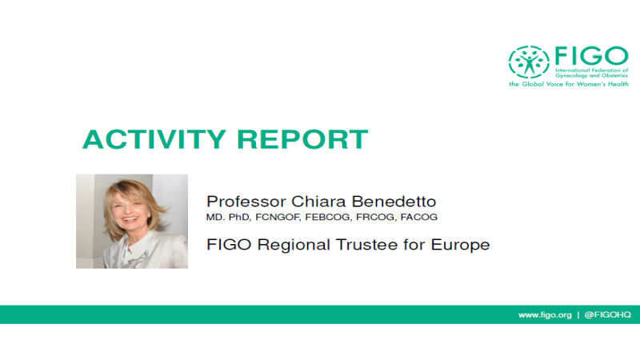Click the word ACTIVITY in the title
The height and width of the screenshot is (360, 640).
click(154, 139)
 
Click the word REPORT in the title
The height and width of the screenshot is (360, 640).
click(302, 139)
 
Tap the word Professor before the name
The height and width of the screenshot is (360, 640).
click(246, 202)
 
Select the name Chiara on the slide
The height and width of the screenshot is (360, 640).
click(318, 202)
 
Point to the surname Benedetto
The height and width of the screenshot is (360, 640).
click(394, 202)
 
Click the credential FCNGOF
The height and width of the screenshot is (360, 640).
click(278, 217)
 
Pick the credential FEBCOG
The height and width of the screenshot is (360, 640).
click(328, 217)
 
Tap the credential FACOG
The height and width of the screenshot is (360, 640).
click(418, 217)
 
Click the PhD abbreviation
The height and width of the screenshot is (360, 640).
click(238, 217)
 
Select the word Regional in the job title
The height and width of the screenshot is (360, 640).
click(294, 245)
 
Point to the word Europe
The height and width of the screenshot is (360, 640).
click(460, 246)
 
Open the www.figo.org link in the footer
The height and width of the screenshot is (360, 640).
click(545, 315)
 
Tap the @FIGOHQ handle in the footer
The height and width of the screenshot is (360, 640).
click(608, 314)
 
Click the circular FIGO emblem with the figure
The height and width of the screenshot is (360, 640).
click(529, 62)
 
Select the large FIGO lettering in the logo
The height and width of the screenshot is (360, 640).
click(591, 56)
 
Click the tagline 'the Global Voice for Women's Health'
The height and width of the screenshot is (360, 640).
click(569, 84)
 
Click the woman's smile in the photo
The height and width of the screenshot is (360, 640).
click(130, 218)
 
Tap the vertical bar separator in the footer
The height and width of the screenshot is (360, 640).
click(578, 315)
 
